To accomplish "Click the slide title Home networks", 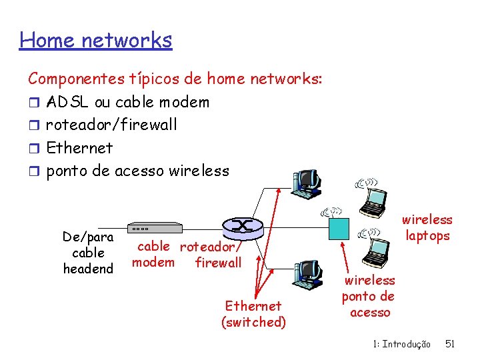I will (96, 41).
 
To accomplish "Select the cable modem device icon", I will (154, 227).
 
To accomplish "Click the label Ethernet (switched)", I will (253, 314).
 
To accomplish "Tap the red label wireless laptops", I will (427, 227).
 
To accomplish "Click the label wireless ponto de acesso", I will (368, 296).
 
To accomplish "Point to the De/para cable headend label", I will (88, 253).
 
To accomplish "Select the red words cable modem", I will (153, 254).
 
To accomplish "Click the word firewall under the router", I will (218, 263).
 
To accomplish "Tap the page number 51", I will (450, 344).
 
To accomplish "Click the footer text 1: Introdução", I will (401, 344).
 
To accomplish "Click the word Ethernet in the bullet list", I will (79, 148).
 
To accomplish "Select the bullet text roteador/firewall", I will (111, 125).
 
